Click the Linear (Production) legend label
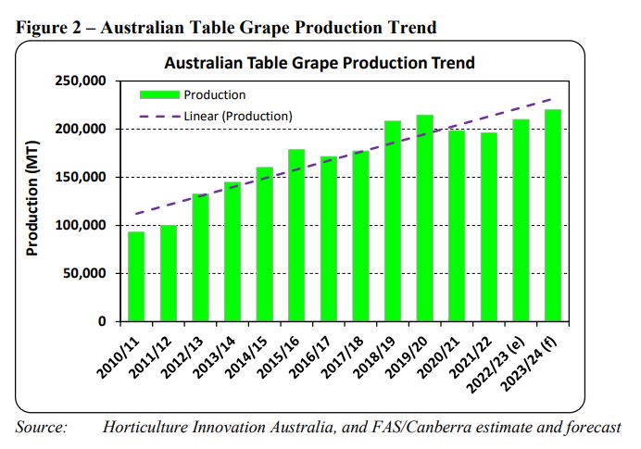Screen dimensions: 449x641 point(238,116)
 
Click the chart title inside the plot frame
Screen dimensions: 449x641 point(320,63)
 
